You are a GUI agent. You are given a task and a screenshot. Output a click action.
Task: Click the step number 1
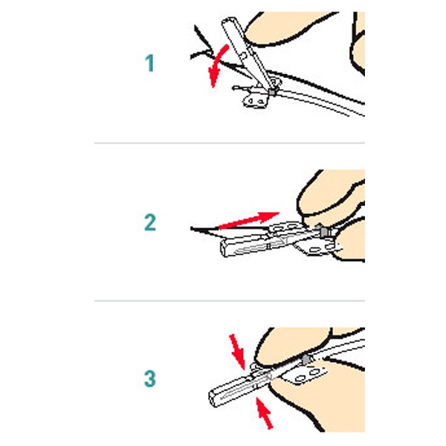[x=150, y=64]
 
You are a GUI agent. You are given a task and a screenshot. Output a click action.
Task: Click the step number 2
[x=150, y=221]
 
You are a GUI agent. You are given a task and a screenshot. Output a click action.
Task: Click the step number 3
[x=150, y=378]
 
